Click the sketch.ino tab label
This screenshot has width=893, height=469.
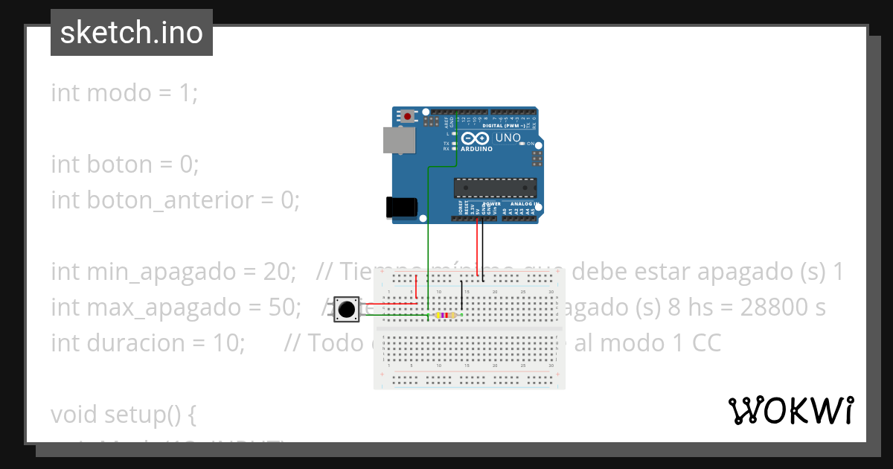click(131, 33)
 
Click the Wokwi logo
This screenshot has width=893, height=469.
click(790, 410)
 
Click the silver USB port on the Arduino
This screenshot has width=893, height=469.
click(399, 140)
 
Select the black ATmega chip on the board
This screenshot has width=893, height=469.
click(495, 189)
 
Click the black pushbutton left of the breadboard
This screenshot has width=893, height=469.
click(345, 309)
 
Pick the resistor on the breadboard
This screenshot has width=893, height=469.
click(445, 316)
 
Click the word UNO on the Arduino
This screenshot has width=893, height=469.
click(508, 138)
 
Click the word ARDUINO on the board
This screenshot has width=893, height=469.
click(476, 149)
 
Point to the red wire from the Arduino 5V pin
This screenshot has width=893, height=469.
click(476, 249)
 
